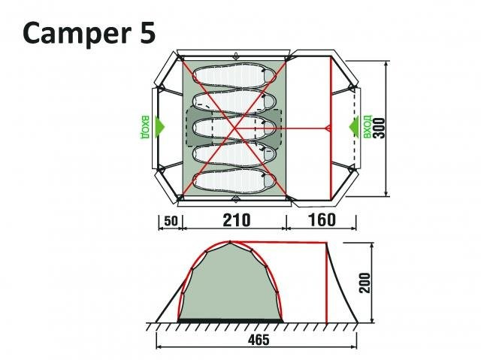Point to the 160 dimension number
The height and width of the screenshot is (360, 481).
[x=321, y=220]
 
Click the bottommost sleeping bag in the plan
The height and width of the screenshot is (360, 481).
[x=235, y=180]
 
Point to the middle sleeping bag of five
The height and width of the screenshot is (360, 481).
[x=235, y=128]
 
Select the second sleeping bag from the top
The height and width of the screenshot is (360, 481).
[x=235, y=101]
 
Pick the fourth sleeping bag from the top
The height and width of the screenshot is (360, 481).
[x=235, y=155]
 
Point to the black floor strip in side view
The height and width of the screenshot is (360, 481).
[x=230, y=321]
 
